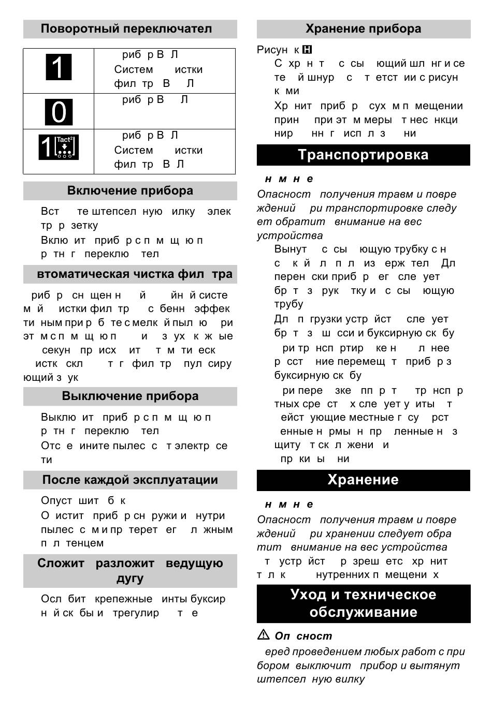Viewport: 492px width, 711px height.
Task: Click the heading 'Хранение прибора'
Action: pos(363,29)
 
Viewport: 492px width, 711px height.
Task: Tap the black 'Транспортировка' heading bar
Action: pos(363,155)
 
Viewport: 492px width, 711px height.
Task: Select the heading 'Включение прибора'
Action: pos(130,191)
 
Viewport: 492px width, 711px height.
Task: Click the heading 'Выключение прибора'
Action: pos(130,396)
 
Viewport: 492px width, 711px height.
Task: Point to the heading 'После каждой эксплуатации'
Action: pos(130,480)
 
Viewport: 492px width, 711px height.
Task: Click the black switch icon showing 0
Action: pos(59,112)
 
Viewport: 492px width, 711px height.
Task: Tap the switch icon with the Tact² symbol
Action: pos(59,147)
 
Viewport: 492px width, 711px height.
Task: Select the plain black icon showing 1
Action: pos(59,67)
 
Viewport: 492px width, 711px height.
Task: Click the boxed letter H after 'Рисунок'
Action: pos(307,50)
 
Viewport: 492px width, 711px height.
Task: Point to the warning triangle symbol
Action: pos(264,635)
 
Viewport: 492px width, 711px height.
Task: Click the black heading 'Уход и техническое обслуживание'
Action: pos(363,603)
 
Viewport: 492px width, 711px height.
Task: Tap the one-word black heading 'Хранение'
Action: pos(363,480)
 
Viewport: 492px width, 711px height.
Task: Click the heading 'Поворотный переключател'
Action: pos(126,29)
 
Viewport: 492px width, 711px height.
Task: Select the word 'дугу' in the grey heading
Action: pos(130,579)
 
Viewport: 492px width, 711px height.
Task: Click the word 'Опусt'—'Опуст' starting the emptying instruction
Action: pos(56,501)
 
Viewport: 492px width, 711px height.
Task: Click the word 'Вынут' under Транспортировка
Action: pos(291,249)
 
